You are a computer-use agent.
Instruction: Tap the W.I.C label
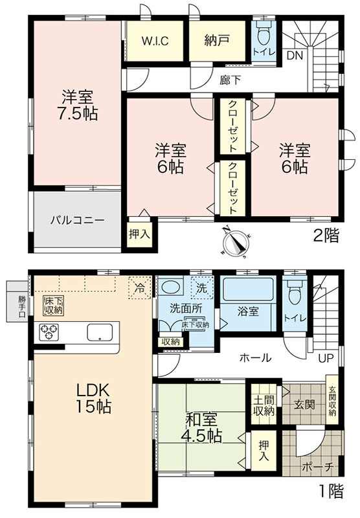(x=155, y=41)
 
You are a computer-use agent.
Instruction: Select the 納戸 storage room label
(x=217, y=41)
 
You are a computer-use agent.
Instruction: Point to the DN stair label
(x=295, y=56)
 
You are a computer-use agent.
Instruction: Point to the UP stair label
(x=326, y=358)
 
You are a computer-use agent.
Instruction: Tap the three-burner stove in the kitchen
(x=49, y=332)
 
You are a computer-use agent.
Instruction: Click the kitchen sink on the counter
(x=100, y=332)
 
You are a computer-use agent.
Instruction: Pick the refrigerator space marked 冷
(x=140, y=287)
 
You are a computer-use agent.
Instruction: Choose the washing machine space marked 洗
(x=201, y=287)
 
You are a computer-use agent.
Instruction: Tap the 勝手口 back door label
(x=21, y=307)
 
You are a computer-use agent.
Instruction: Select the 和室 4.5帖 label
(x=202, y=428)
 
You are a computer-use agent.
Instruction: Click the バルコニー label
(x=77, y=220)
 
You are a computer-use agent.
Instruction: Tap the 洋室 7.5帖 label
(x=77, y=105)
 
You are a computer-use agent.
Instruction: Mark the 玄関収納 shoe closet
(x=332, y=400)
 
